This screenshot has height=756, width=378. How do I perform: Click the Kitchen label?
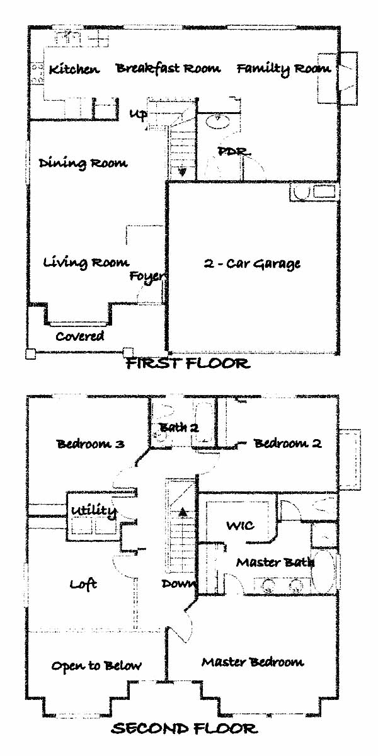(x=74, y=69)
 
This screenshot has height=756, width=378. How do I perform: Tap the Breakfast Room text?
(x=168, y=68)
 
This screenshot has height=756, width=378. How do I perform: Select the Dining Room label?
(x=83, y=163)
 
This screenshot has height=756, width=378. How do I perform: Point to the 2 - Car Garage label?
(x=252, y=263)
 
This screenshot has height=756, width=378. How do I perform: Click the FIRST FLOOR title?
(x=188, y=364)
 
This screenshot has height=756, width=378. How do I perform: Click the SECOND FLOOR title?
(x=185, y=729)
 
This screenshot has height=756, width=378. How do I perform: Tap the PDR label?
(x=234, y=151)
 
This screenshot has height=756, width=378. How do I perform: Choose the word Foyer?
(x=147, y=277)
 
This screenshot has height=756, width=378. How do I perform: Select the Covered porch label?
(x=80, y=336)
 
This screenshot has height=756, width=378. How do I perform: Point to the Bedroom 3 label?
(x=91, y=443)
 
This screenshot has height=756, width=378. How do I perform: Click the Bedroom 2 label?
(x=287, y=443)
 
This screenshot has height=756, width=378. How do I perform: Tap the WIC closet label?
(x=240, y=525)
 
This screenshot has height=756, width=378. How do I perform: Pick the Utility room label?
(x=94, y=510)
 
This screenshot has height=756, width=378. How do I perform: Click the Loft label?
(x=83, y=584)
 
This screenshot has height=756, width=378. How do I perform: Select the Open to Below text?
(x=96, y=665)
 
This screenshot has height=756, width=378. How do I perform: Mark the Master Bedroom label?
(x=253, y=662)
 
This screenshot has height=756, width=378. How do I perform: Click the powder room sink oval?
(x=218, y=122)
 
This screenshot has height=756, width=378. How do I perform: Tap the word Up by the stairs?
(x=139, y=114)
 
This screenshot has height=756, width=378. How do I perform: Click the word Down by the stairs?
(x=180, y=583)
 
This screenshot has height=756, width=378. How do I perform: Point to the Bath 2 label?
(x=178, y=428)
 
